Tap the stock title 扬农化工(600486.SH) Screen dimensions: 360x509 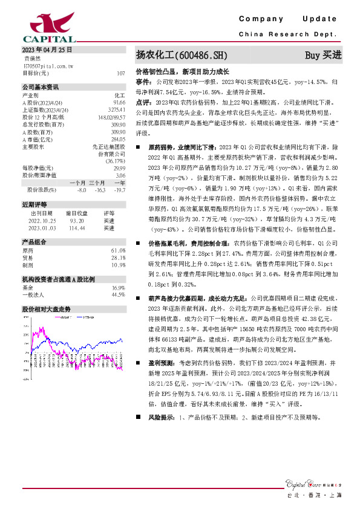(182, 56)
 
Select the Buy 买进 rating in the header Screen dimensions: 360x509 (324, 56)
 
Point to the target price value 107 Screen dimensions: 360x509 (120, 73)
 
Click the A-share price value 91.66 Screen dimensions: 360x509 (119, 102)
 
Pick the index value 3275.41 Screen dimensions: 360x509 (117, 109)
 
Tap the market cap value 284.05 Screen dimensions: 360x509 (117, 138)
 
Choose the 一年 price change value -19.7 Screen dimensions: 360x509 (119, 190)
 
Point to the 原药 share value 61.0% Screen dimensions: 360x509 (117, 250)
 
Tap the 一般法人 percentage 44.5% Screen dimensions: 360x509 (117, 294)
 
